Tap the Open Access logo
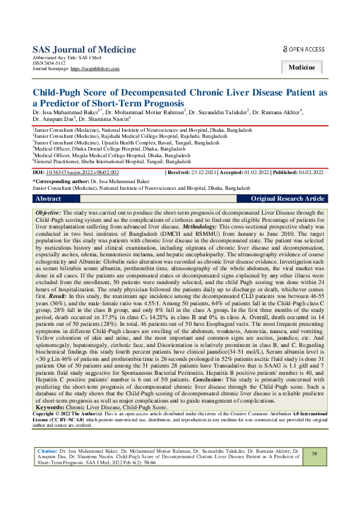coord(304,49)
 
